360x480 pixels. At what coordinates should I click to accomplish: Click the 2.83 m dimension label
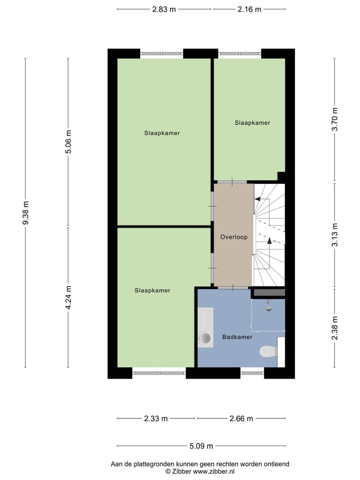coord(164,9)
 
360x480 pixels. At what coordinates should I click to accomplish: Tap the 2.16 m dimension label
coord(249,9)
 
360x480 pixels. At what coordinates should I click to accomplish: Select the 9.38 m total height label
coord(25,213)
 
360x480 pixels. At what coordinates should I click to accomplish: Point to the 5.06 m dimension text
coord(69,142)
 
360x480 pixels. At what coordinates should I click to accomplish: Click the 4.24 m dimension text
coord(69,297)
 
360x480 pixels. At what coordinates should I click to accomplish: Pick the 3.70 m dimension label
coord(335,119)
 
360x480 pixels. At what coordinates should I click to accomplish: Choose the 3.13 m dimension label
coord(335,235)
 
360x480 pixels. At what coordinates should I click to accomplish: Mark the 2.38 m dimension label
coord(335,328)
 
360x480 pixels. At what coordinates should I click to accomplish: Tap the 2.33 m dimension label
coord(155,418)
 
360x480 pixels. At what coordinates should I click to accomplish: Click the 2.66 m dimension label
coord(241,418)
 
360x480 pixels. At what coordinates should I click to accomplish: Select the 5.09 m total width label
coord(201,446)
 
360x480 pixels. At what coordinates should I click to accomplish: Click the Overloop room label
coord(234,237)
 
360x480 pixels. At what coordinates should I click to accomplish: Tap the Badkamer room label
coord(237,337)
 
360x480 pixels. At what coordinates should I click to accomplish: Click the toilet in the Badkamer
coord(268,351)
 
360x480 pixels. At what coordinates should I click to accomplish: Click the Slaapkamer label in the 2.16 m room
coord(252,122)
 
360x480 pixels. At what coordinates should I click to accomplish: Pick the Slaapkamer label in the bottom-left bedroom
coord(152,290)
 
